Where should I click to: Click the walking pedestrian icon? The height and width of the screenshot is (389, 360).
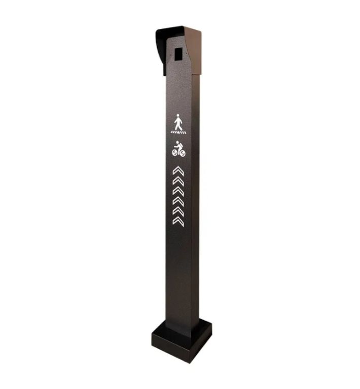(x=178, y=123)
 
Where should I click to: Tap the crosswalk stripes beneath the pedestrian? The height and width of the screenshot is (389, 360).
(x=178, y=132)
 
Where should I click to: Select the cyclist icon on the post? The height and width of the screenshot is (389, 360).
(x=178, y=148)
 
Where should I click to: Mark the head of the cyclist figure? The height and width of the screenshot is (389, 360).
(x=177, y=142)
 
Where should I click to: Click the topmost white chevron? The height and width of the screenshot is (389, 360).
(x=178, y=171)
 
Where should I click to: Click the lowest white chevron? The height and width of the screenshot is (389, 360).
(x=178, y=221)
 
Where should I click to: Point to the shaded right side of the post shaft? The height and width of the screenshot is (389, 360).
(x=195, y=203)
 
